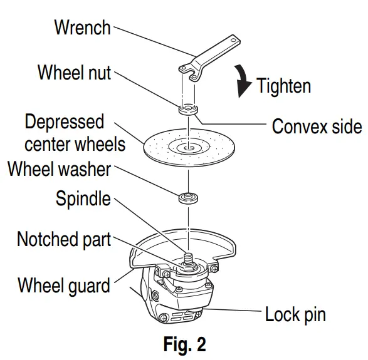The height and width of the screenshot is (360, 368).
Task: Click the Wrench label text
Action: click(x=82, y=28)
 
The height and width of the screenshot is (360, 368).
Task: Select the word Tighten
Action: click(x=283, y=85)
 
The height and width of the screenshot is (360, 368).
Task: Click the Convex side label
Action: click(x=316, y=126)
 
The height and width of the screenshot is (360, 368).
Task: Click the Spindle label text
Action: click(x=82, y=200)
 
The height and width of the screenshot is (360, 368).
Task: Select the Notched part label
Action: click(x=63, y=239)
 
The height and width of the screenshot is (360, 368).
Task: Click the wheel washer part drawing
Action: click(x=187, y=199)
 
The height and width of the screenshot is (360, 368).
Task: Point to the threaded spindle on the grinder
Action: click(x=187, y=259)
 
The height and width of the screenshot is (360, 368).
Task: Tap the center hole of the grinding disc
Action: click(x=187, y=148)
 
